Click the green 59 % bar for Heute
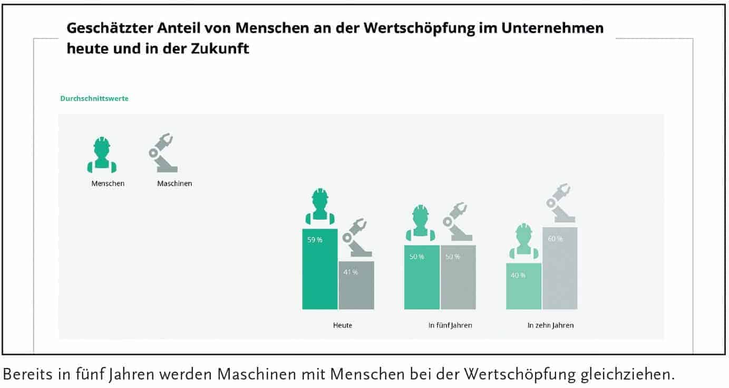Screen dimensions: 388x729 pyautogui.click(x=319, y=269)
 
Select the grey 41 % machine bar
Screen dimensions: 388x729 pyautogui.click(x=356, y=286)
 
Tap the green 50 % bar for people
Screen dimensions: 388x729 pyautogui.click(x=422, y=278)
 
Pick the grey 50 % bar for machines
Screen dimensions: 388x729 pyautogui.click(x=458, y=278)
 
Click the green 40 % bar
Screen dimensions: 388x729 pyautogui.click(x=523, y=286)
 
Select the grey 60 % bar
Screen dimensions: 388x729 pyautogui.click(x=560, y=269)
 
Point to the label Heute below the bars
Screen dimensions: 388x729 pyautogui.click(x=343, y=325)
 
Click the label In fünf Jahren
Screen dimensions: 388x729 pyautogui.click(x=450, y=325)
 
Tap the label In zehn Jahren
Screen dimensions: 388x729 pyautogui.click(x=550, y=325)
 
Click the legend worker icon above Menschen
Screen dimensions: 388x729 pyautogui.click(x=102, y=155)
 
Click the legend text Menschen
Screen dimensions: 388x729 pyautogui.click(x=108, y=184)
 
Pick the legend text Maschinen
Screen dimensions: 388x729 pyautogui.click(x=174, y=184)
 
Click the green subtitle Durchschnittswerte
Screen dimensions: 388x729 pyautogui.click(x=94, y=99)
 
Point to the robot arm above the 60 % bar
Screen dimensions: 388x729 pyautogui.click(x=560, y=203)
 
